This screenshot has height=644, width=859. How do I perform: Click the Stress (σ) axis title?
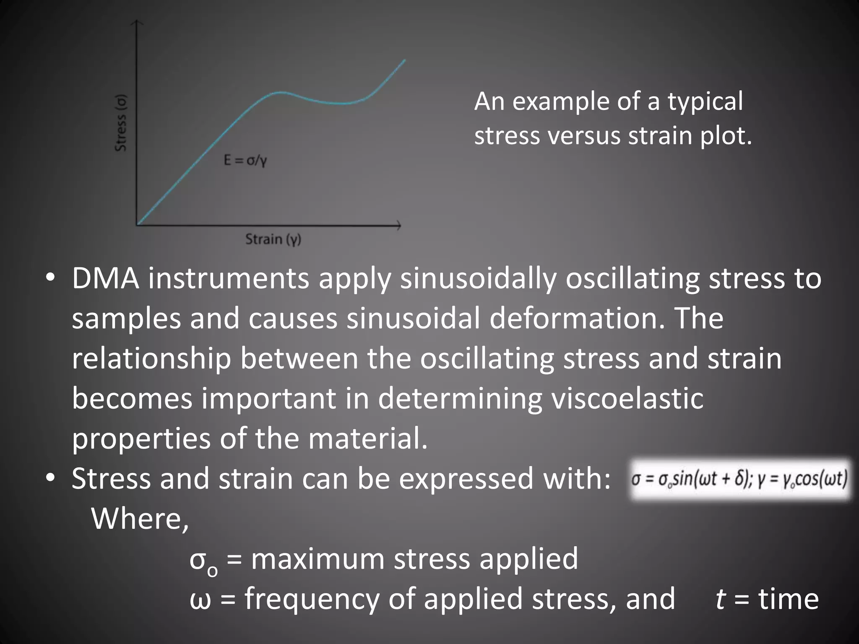tap(121, 123)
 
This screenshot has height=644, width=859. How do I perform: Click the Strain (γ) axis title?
tap(273, 240)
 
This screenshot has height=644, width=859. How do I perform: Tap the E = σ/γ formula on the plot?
tap(245, 160)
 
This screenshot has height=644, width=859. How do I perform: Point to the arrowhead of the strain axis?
tap(398, 226)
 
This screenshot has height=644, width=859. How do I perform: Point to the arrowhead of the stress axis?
tap(137, 23)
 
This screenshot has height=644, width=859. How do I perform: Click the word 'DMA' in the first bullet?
tap(105, 278)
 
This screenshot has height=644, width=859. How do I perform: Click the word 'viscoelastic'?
tap(627, 398)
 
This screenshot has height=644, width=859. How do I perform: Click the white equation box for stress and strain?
tap(739, 479)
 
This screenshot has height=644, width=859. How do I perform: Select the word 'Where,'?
tap(140, 519)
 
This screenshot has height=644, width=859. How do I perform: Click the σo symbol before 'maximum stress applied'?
tap(203, 560)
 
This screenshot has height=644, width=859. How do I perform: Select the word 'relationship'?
tap(151, 359)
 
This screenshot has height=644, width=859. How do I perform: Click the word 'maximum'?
tap(318, 559)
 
